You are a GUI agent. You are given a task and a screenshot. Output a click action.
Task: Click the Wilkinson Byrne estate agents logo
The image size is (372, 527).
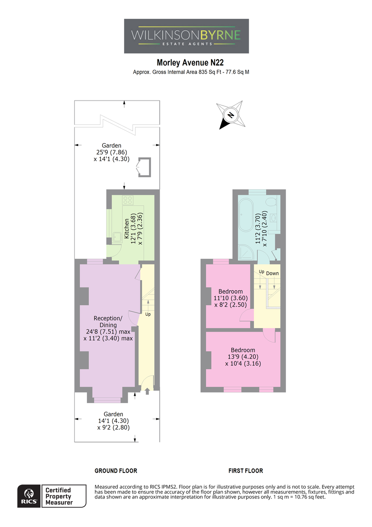[186, 36]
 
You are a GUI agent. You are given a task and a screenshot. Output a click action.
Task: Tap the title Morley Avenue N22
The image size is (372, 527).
[190, 62]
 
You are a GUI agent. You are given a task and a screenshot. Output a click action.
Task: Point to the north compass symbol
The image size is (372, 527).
[231, 115]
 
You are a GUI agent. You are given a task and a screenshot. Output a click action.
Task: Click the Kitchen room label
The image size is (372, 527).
[127, 229]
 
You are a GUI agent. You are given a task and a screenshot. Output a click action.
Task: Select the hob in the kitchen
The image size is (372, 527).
[128, 200]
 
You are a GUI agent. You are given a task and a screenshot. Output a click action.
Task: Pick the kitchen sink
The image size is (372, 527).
[117, 238]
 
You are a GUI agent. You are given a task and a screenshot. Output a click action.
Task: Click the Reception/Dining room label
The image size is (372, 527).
[108, 321]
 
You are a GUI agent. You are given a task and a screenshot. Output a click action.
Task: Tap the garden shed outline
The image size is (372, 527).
[144, 167]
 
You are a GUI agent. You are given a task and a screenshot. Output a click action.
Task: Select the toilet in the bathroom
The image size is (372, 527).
[273, 202]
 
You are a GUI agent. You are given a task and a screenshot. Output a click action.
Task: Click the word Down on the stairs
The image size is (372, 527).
[272, 273]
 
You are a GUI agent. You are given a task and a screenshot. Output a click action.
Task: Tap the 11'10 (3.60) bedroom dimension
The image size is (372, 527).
[231, 298]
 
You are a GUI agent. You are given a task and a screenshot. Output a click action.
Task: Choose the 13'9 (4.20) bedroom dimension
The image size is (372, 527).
[243, 357]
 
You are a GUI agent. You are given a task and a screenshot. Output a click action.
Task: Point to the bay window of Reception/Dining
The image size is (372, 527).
[107, 400]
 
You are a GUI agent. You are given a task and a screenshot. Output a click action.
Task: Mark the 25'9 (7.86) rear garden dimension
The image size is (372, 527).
[111, 152]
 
